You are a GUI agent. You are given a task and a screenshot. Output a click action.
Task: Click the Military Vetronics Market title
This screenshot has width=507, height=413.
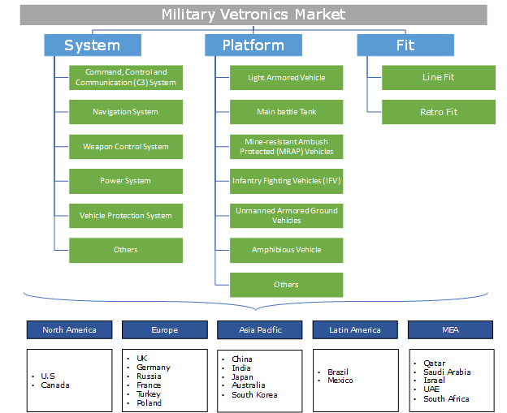click(253, 14)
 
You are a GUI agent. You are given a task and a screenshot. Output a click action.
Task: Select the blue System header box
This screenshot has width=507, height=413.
click(93, 45)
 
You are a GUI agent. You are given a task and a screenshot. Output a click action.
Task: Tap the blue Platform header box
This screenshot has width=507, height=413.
click(253, 45)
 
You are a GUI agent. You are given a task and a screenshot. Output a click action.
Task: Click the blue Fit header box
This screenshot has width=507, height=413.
click(405, 45)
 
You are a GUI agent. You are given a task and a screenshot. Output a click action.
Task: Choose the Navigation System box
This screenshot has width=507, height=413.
click(125, 112)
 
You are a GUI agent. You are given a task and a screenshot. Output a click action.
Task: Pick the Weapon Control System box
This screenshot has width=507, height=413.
click(125, 147)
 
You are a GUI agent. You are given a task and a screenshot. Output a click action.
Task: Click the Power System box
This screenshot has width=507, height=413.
click(125, 181)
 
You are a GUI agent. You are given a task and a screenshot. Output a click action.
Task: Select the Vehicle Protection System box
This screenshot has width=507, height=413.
click(125, 216)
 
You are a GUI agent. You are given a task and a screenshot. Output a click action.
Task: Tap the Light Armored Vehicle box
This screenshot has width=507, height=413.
click(286, 78)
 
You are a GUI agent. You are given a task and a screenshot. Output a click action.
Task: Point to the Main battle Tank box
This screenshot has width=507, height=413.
click(286, 112)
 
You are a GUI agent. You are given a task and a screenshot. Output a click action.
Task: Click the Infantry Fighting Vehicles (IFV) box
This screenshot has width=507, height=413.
click(286, 181)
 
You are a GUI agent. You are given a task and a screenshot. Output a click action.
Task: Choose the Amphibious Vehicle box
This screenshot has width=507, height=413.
click(286, 250)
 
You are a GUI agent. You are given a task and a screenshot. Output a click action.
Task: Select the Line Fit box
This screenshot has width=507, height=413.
click(438, 78)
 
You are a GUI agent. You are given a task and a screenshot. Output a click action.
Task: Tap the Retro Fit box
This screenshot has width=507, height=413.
click(438, 112)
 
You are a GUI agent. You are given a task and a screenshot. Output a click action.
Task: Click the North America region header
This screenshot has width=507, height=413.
click(69, 329)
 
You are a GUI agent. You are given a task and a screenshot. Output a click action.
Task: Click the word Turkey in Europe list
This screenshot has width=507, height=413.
click(149, 394)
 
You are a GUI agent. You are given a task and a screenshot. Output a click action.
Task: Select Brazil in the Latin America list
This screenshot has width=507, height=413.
click(338, 372)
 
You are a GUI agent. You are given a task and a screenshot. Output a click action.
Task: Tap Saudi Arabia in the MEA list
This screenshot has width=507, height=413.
click(447, 372)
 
